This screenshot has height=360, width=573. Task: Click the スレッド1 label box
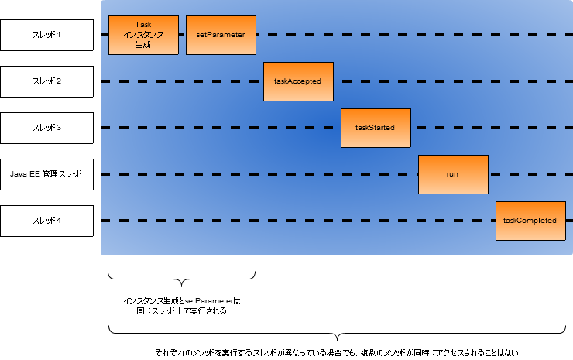pyautogui.click(x=46, y=35)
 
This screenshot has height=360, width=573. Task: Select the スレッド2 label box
pyautogui.click(x=46, y=81)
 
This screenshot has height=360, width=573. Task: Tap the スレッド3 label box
pyautogui.click(x=46, y=128)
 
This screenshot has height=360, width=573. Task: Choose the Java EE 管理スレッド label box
pyautogui.click(x=46, y=174)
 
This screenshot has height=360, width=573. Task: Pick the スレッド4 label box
pyautogui.click(x=46, y=221)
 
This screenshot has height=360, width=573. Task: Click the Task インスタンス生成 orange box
pyautogui.click(x=143, y=35)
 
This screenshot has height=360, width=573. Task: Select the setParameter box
pyautogui.click(x=221, y=35)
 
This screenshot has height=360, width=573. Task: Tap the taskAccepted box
pyautogui.click(x=298, y=81)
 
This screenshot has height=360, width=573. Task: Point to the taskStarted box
pyautogui.click(x=376, y=128)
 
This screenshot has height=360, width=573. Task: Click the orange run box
pyautogui.click(x=453, y=174)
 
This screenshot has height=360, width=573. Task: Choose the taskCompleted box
pyautogui.click(x=530, y=221)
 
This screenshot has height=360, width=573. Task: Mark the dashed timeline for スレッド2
pyautogui.click(x=449, y=81)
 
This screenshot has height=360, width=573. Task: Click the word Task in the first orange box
pyautogui.click(x=143, y=25)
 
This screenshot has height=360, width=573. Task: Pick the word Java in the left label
pyautogui.click(x=19, y=174)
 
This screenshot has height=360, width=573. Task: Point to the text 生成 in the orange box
pyautogui.click(x=143, y=45)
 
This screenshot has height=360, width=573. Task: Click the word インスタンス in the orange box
pyautogui.click(x=143, y=35)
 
